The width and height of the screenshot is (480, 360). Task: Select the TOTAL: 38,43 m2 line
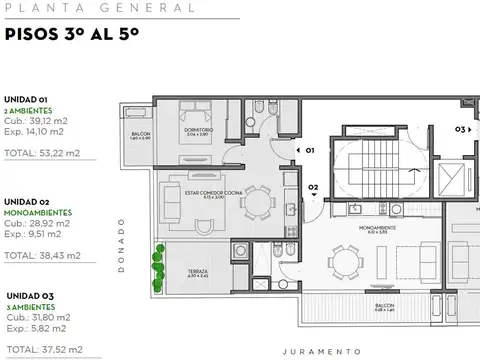(x=41, y=257)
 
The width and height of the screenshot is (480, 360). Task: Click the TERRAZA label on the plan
(x=199, y=270)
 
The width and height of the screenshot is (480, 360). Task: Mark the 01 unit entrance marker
(x=309, y=150)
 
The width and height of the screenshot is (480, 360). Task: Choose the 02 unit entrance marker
(x=313, y=187)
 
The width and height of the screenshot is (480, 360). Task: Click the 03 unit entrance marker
(x=460, y=128)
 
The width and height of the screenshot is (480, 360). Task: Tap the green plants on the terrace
(x=157, y=268)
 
